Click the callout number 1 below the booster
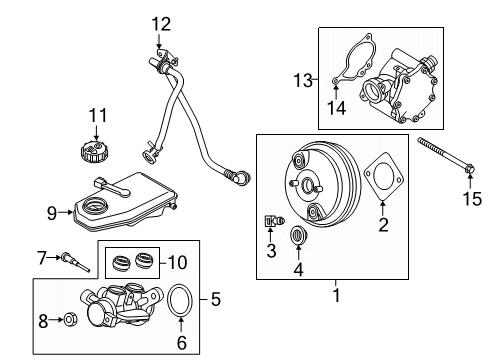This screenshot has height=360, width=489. pyautogui.click(x=335, y=295)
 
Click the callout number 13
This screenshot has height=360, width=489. pyautogui.click(x=303, y=77)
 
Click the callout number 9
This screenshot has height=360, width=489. pyautogui.click(x=53, y=211)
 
